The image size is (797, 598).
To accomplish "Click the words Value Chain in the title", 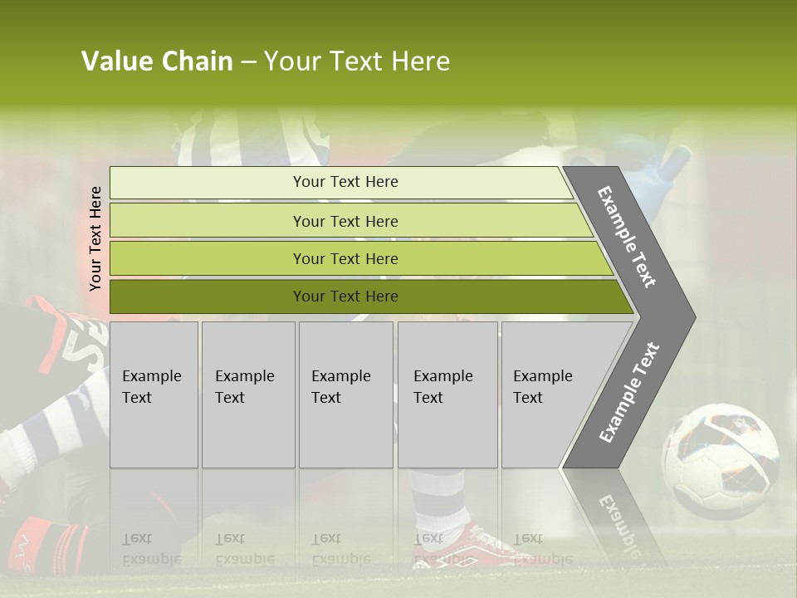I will (157, 61).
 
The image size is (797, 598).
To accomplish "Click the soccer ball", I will (720, 460).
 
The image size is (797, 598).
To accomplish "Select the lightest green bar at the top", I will (208, 183).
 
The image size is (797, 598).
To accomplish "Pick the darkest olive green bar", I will (208, 297).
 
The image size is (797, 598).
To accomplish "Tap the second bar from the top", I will (208, 221).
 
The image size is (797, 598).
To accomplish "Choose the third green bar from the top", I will (208, 258).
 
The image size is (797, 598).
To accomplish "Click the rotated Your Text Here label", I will (95, 238).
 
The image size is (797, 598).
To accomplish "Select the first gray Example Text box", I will (154, 395).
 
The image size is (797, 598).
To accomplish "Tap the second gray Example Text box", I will (247, 395).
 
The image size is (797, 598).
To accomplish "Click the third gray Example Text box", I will (345, 395).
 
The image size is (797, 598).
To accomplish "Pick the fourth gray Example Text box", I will (447, 395).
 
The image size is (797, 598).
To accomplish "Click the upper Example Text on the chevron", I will (627, 237).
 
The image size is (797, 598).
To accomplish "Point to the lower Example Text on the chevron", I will (629, 393).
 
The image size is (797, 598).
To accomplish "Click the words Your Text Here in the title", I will (357, 61).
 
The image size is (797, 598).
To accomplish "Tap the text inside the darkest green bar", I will (345, 297).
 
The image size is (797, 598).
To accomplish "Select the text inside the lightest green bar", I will (345, 182).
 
